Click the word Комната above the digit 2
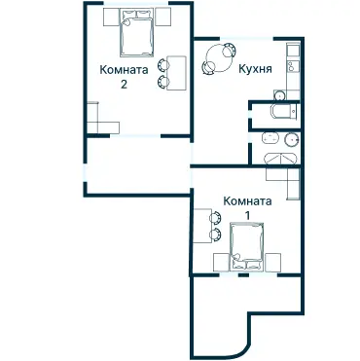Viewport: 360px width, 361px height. (124, 70)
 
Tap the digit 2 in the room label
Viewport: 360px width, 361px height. (124, 85)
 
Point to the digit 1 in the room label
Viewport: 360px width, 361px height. (247, 215)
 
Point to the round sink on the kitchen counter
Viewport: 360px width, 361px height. (278, 94)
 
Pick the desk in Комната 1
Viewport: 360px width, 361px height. (201, 227)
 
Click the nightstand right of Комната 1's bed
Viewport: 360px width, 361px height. (273, 261)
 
